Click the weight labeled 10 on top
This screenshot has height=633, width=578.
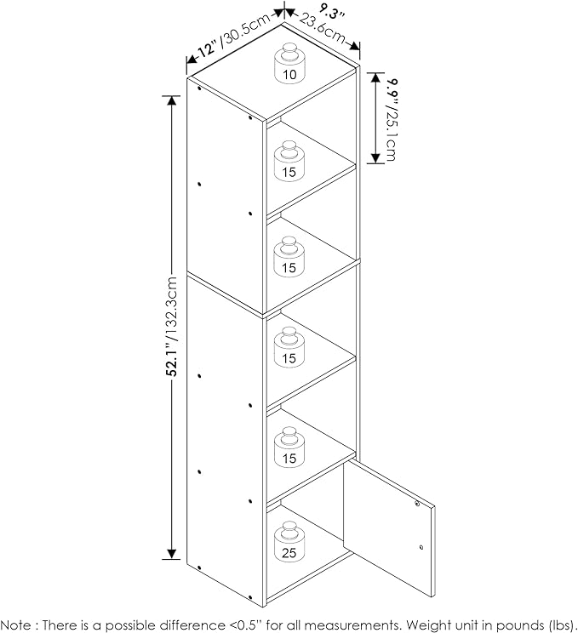click(x=289, y=63)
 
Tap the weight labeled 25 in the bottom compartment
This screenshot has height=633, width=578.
click(x=289, y=541)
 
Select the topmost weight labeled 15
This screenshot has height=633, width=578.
click(x=289, y=161)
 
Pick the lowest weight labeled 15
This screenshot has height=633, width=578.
click(x=289, y=447)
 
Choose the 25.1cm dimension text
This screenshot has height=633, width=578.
click(x=391, y=134)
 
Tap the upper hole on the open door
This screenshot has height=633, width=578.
click(x=417, y=504)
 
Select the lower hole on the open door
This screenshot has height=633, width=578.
click(x=421, y=547)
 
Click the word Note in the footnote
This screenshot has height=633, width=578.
click(x=16, y=625)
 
